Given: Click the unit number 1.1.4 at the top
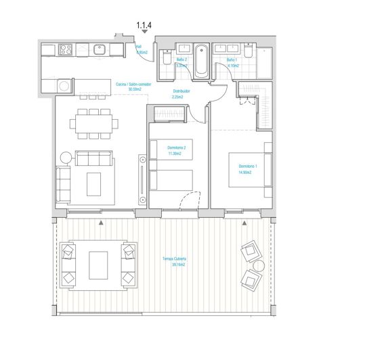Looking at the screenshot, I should point(144,25).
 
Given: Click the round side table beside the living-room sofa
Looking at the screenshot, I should point(66,158).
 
